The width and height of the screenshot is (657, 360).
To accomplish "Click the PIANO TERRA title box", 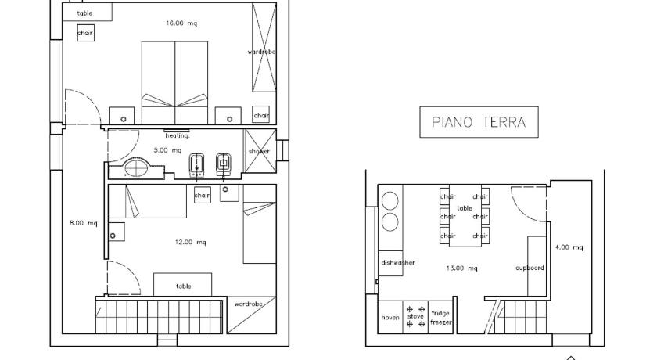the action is [x=479, y=122].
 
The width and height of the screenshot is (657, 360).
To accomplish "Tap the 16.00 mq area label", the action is [x=181, y=23].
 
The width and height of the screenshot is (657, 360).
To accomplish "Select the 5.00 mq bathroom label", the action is [x=167, y=150].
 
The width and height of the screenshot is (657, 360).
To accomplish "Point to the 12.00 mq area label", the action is [x=190, y=243].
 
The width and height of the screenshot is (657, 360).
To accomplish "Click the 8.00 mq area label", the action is [x=84, y=223].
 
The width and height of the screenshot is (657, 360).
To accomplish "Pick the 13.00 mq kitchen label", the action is [x=461, y=268].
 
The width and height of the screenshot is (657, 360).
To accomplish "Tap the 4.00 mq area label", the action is [x=569, y=247].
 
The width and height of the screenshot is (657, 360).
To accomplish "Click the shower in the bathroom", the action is [x=260, y=151].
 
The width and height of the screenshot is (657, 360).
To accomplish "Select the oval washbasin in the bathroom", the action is [x=136, y=168].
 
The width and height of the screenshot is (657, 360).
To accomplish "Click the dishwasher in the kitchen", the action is [x=390, y=263].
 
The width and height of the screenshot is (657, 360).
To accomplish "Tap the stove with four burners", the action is [x=415, y=316].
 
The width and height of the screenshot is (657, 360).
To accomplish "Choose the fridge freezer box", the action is [x=440, y=317].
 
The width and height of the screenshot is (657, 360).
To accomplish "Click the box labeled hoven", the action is [x=390, y=317].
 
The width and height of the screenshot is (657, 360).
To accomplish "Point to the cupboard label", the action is [x=530, y=268].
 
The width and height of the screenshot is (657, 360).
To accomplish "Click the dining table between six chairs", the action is [x=465, y=215].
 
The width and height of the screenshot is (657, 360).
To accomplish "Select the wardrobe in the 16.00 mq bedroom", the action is [x=264, y=47].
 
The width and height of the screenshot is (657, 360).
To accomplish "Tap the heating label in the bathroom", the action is [x=178, y=136].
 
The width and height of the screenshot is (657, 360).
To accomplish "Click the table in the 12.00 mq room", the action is [x=183, y=285].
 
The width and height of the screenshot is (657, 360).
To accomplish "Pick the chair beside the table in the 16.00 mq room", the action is [x=85, y=33].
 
